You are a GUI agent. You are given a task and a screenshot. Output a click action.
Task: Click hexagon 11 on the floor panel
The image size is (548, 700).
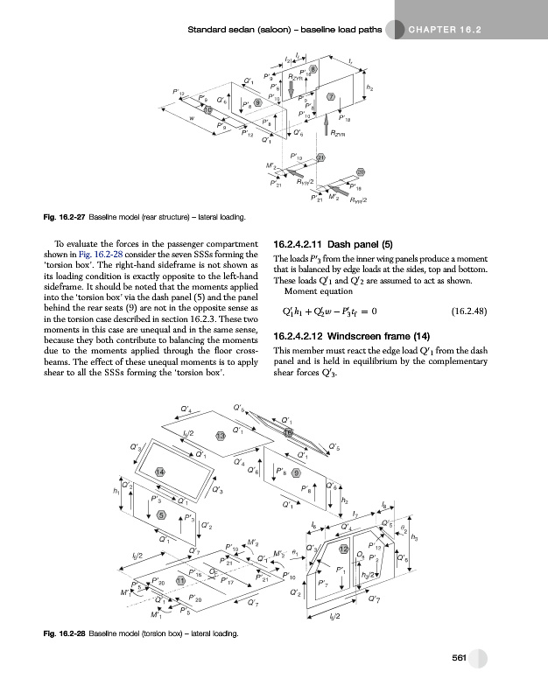click(180, 581)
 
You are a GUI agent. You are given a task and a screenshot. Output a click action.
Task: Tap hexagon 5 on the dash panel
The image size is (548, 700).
click(160, 514)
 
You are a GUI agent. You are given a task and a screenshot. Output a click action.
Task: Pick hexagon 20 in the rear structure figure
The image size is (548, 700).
click(361, 173)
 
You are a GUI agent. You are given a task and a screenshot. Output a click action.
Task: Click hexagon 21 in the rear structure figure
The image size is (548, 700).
click(321, 157)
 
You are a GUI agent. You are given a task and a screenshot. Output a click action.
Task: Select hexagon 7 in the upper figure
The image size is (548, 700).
click(332, 94)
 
